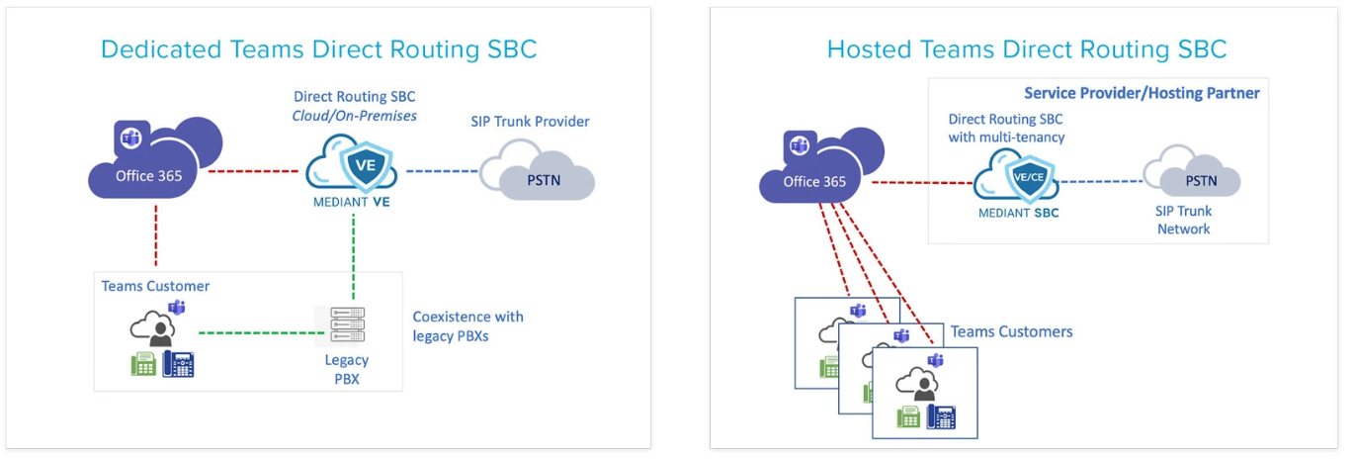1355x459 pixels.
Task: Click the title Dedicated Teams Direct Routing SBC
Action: click(x=318, y=49)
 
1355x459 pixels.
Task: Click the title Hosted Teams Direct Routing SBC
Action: click(x=1026, y=48)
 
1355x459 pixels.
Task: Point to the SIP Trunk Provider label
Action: click(x=530, y=122)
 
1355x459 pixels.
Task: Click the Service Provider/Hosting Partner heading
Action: click(x=1142, y=94)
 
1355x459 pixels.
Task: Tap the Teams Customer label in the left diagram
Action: click(x=155, y=286)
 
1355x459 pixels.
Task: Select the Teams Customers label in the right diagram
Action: click(x=1011, y=331)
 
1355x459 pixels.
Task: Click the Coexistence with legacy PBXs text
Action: click(x=467, y=326)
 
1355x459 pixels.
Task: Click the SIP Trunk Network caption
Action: click(x=1183, y=220)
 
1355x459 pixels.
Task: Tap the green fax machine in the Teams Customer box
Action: click(x=144, y=364)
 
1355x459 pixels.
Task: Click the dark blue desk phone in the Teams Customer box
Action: click(x=179, y=364)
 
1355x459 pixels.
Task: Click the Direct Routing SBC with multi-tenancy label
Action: click(x=1006, y=129)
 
